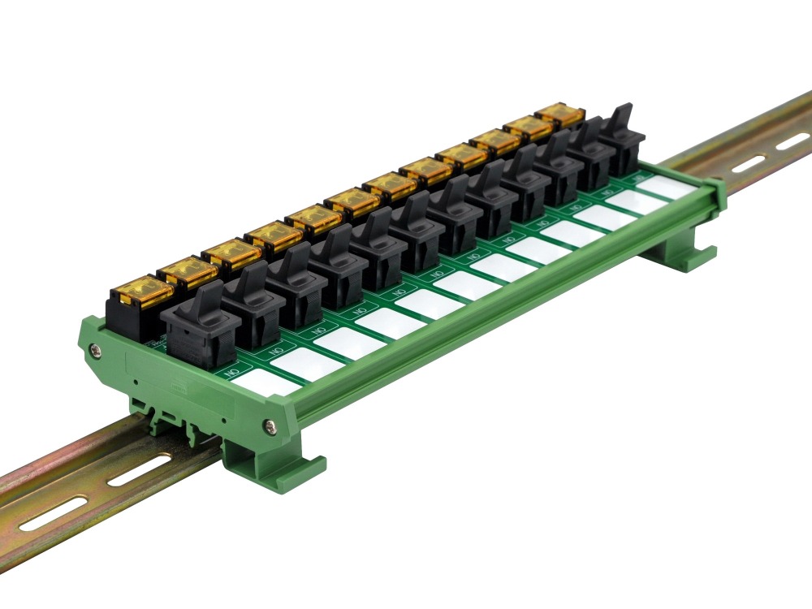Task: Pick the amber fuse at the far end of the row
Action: [x=559, y=114]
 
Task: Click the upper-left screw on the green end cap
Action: [x=97, y=350]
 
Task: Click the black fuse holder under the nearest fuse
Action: [x=130, y=317]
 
